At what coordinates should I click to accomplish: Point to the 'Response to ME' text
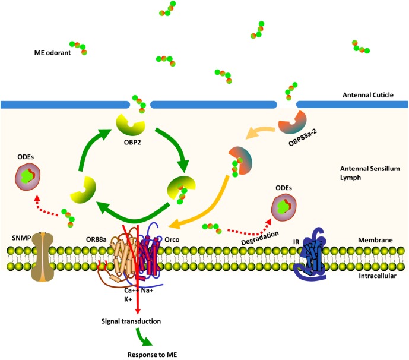pyautogui.click(x=152, y=355)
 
